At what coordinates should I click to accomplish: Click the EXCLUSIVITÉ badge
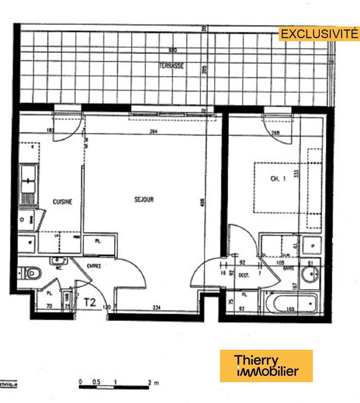click(x=319, y=34)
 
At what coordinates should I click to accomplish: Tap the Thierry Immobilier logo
click(x=266, y=366)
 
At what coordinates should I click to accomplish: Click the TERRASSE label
click(x=171, y=66)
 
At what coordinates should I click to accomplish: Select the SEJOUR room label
click(x=143, y=199)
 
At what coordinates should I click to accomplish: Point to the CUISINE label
click(x=62, y=201)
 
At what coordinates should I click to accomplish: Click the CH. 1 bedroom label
click(x=278, y=178)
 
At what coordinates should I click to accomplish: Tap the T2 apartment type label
click(x=90, y=302)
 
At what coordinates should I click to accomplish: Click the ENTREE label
click(x=94, y=265)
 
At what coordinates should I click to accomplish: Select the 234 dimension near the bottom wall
click(x=157, y=308)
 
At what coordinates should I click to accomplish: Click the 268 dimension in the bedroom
click(x=275, y=133)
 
